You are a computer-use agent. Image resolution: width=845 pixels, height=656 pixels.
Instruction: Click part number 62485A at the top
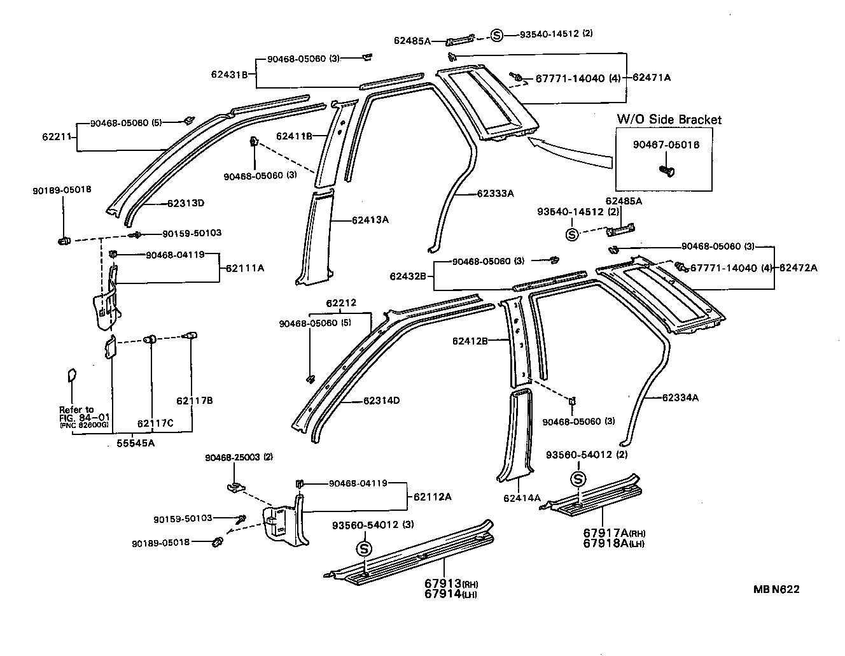point(412,41)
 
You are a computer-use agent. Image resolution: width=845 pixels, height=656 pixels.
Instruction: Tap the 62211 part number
point(56,136)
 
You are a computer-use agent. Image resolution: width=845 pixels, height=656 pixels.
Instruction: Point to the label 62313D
point(186,204)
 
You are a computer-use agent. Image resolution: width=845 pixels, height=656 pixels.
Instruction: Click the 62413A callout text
point(370,220)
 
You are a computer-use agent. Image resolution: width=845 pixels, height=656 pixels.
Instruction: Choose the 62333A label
point(495,193)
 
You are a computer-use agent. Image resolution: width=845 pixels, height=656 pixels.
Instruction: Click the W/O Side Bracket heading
point(669,120)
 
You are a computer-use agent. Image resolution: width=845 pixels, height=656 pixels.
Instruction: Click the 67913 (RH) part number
point(451,584)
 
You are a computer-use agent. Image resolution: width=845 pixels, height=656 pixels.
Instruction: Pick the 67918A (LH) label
point(615,543)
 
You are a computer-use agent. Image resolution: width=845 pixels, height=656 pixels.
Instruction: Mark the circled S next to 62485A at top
point(498,35)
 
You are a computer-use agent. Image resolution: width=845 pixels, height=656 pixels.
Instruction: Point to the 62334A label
point(680,398)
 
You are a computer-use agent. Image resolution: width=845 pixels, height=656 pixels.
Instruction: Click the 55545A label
point(134,443)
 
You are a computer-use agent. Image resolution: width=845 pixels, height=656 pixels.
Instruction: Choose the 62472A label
point(799,268)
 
